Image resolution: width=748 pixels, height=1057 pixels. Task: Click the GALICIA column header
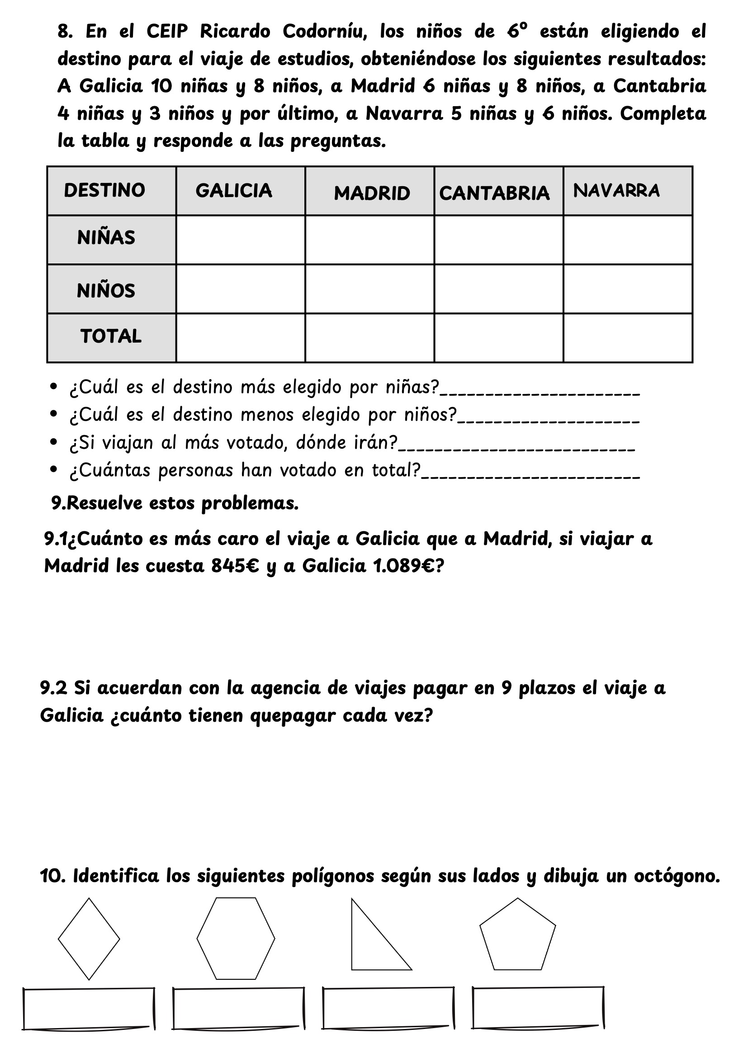point(233,191)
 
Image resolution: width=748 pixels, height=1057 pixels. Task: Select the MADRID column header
point(372,193)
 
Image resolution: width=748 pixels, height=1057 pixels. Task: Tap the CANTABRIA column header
point(494,193)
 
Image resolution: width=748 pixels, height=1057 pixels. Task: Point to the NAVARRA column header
point(616,191)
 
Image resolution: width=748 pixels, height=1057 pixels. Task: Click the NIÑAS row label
point(106,238)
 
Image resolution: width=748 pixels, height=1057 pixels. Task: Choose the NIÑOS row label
point(106,291)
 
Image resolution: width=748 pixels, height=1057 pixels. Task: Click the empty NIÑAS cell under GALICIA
point(241,240)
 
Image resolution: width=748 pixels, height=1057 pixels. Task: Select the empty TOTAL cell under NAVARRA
point(628,338)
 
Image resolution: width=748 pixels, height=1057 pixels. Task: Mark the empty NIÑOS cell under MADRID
point(369,289)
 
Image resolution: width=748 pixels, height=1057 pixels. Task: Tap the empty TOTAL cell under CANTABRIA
point(498,338)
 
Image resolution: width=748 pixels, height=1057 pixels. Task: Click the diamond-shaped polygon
point(89,939)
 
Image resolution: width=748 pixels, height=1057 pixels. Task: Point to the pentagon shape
point(518,937)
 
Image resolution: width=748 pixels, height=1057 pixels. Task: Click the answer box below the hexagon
point(238,1008)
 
